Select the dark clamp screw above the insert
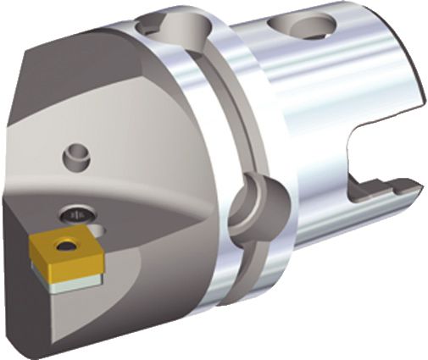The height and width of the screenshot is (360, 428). click(75, 215)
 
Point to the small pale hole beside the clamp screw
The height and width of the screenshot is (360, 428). click(98, 229)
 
